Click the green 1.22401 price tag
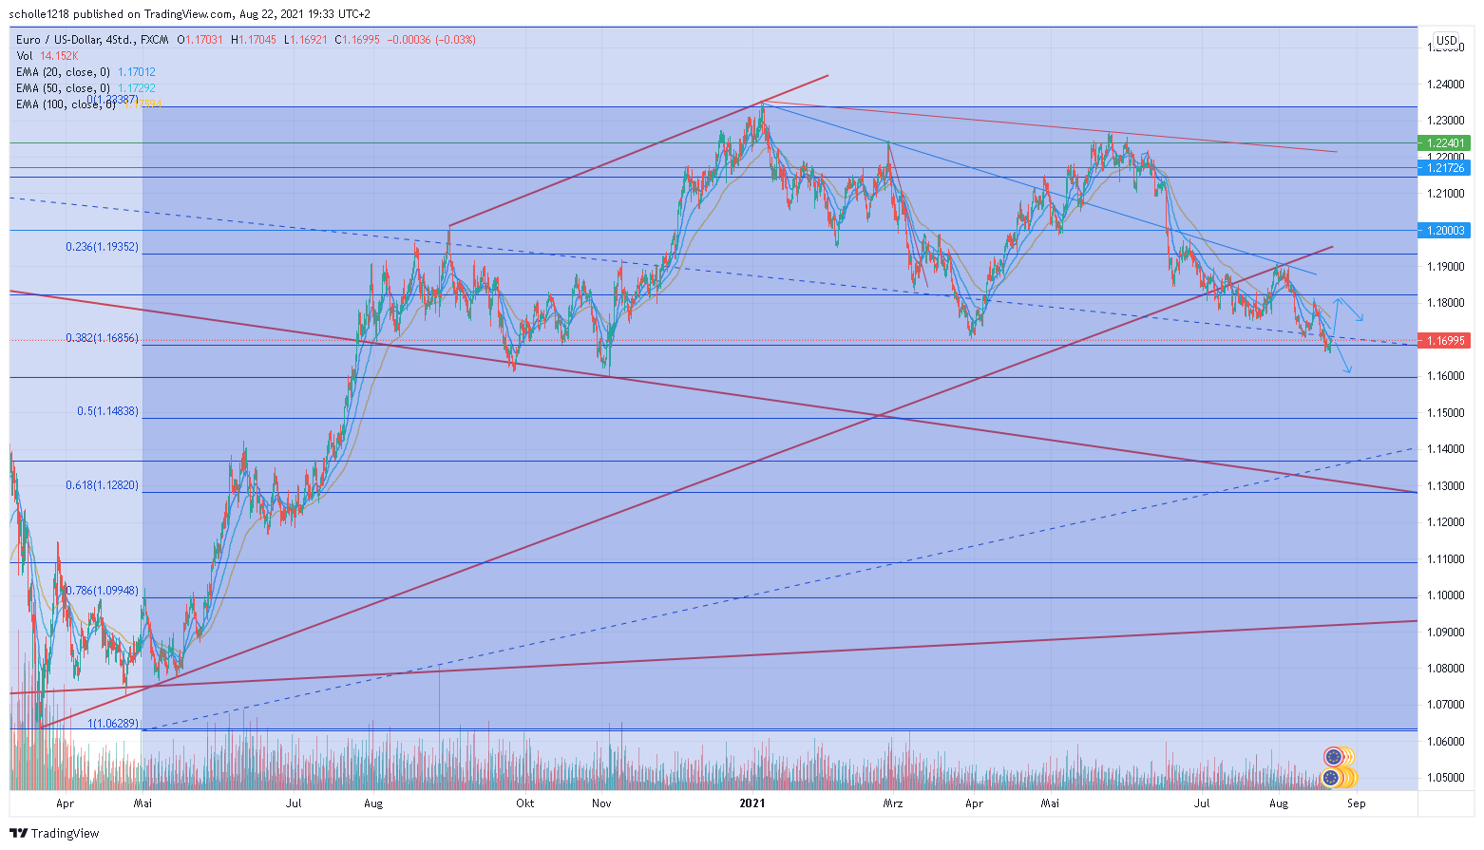click(x=1443, y=143)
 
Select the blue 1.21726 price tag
click(x=1443, y=168)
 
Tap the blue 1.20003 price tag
click(x=1443, y=231)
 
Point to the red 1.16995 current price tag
click(x=1443, y=341)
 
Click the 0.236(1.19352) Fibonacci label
click(x=102, y=247)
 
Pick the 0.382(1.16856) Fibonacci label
click(x=102, y=338)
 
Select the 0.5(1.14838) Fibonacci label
click(x=107, y=411)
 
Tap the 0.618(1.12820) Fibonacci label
click(x=102, y=485)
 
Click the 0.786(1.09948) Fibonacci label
click(x=102, y=591)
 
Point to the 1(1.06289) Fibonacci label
click(x=113, y=724)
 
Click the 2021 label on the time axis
click(x=752, y=803)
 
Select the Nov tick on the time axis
click(x=601, y=803)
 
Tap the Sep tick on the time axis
click(x=1356, y=803)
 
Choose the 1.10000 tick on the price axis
click(x=1445, y=595)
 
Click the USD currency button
click(x=1446, y=41)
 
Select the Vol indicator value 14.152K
click(x=59, y=56)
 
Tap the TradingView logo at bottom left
click(x=54, y=833)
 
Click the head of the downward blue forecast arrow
click(x=1350, y=371)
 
